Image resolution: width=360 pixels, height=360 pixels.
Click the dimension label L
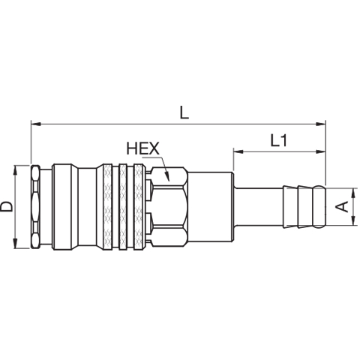coord(184,112)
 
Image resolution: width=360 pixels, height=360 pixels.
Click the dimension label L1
coord(278,140)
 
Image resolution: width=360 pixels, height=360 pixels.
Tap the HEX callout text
coord(143,148)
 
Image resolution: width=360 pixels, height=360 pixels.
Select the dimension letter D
coord(6,207)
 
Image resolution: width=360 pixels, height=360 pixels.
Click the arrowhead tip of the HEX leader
coord(169,181)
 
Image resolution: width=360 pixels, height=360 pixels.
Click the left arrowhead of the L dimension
coord(36,124)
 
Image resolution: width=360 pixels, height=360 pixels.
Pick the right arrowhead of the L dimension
coord(321,124)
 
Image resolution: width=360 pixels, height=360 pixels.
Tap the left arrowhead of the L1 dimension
coord(238,151)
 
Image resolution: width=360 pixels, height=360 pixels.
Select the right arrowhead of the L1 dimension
coord(321,151)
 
